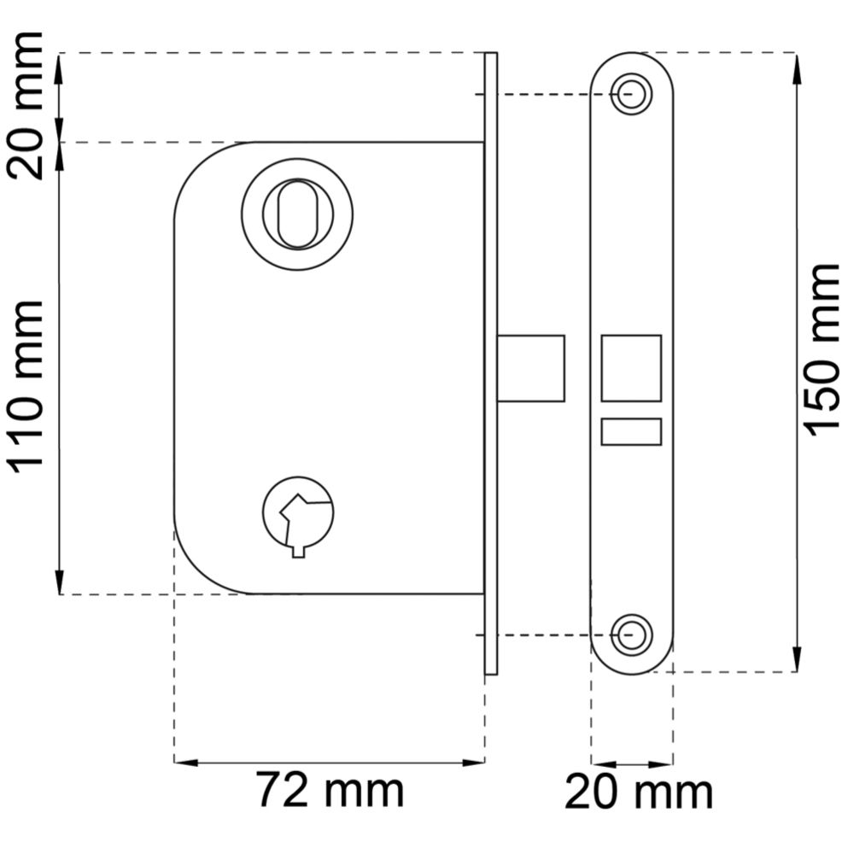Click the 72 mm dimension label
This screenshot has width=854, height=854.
coord(330,790)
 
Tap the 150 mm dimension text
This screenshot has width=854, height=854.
coord(823,350)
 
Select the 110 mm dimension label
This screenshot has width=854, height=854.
coord(25,387)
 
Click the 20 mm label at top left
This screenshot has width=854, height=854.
coord(25,106)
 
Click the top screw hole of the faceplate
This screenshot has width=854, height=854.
coord(632,94)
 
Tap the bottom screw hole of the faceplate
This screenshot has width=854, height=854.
coord(632,635)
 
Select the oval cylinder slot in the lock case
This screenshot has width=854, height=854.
coord(297,214)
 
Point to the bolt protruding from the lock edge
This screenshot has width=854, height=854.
coord(531,368)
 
